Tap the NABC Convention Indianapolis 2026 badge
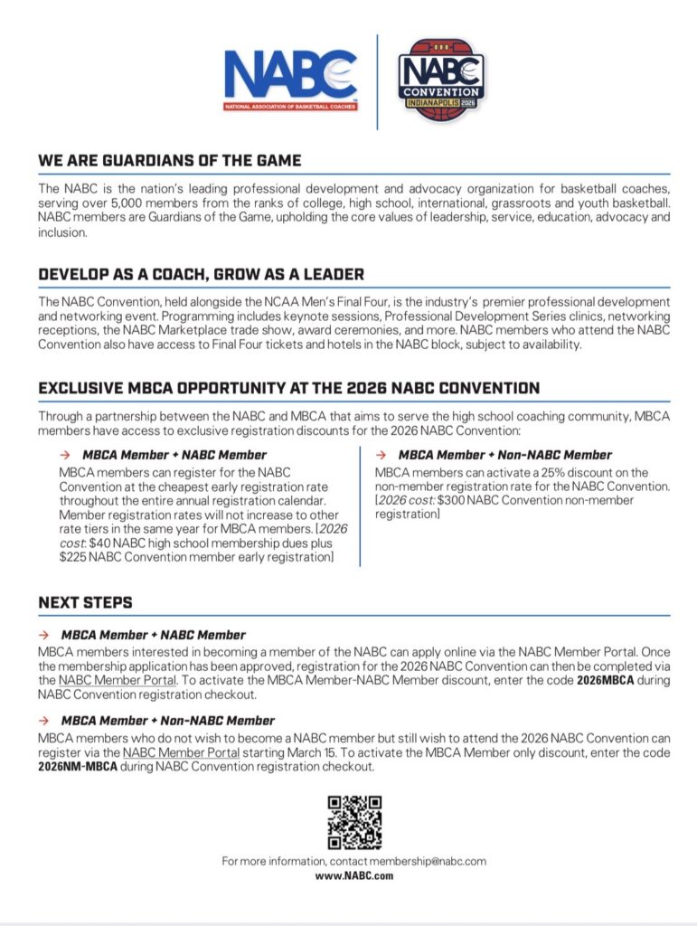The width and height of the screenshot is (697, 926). point(442,79)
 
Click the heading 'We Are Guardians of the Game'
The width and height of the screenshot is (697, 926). point(170,161)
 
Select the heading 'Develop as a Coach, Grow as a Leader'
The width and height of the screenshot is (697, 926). point(202,274)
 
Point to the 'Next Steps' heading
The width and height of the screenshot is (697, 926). point(85,602)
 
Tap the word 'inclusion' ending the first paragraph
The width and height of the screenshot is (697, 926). point(61,232)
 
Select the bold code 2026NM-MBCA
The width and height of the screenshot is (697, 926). point(78,767)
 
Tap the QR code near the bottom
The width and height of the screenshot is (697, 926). point(353,821)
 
